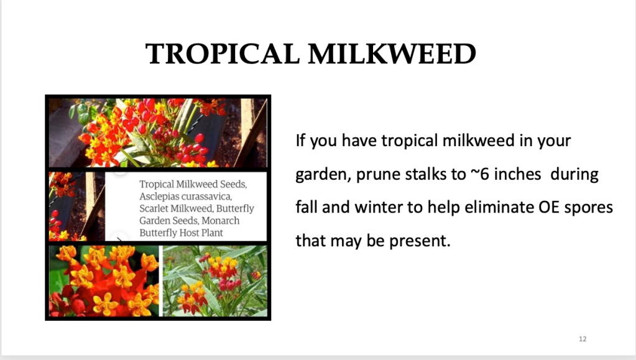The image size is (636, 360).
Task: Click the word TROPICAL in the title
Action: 223,54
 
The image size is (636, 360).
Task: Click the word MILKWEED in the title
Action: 392,54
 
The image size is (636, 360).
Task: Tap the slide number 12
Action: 583,339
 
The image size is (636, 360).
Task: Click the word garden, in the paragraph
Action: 323,175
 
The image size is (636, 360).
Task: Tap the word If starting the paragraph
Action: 300,141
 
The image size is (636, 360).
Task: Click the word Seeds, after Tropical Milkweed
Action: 233,185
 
